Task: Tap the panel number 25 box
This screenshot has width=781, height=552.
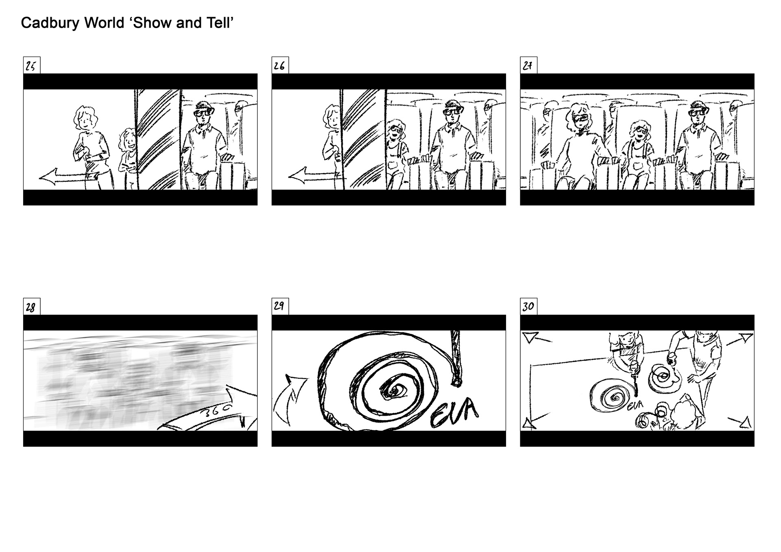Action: click(x=32, y=65)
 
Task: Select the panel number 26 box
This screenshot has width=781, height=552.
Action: click(x=280, y=65)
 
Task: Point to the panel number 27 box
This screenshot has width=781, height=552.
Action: click(x=529, y=65)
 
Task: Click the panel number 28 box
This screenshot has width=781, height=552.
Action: click(x=32, y=307)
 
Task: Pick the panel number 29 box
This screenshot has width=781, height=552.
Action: click(x=280, y=307)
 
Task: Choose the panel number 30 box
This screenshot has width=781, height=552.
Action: click(x=529, y=307)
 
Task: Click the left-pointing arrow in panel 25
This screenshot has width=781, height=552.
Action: click(x=67, y=177)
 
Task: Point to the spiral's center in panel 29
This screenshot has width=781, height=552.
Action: click(x=394, y=391)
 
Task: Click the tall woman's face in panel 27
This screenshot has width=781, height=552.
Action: click(x=580, y=118)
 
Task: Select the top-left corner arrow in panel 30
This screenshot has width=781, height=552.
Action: click(x=531, y=337)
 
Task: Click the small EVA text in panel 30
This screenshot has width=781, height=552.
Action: click(x=635, y=406)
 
